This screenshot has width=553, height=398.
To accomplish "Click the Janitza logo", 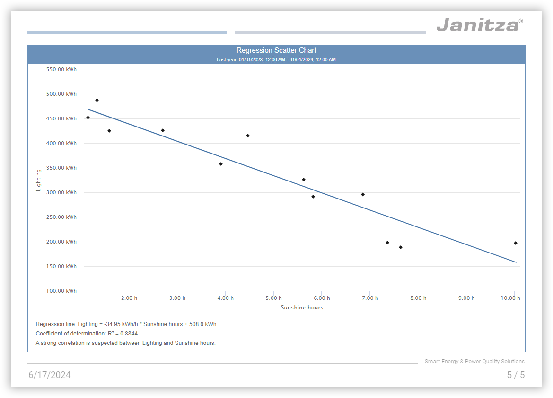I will point(479,25).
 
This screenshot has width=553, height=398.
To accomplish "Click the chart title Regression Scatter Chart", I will point(276,50).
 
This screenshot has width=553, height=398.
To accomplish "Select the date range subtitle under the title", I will point(276,60).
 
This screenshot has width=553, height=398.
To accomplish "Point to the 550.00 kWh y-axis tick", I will point(61,69).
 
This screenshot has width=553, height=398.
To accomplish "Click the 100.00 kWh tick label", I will point(61,291).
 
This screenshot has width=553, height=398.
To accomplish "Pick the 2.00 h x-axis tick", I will point(129,298).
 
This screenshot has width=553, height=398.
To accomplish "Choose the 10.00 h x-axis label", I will point(510,298).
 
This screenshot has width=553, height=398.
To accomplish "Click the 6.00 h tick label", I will point(322,298).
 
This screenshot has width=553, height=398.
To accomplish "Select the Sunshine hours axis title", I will point(302,308).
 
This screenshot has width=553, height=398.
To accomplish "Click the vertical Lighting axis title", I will point(39,180).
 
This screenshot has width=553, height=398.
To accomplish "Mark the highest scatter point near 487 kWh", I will point(97,100).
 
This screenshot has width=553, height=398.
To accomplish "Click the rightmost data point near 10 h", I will point(516,243).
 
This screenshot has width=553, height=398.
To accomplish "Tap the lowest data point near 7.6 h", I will point(401,247).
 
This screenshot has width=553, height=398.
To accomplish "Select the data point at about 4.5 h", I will point(248,136).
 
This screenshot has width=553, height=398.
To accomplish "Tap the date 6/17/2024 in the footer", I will point(50,375).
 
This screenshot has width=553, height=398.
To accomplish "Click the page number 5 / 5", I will point(516,375).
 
